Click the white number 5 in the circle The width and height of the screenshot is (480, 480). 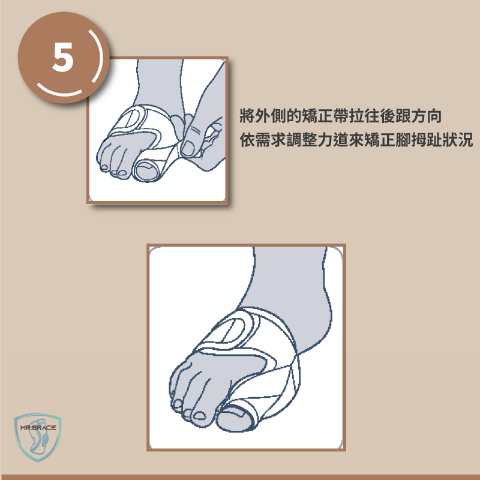click(x=63, y=57)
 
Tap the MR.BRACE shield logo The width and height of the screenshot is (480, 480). click(x=38, y=437)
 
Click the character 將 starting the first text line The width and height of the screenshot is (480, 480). click(x=247, y=116)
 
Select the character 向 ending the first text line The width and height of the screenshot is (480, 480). click(x=434, y=116)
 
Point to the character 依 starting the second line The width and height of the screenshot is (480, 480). click(x=247, y=140)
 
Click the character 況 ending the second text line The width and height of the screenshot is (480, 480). click(x=465, y=140)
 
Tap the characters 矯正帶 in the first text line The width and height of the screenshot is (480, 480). click(x=325, y=116)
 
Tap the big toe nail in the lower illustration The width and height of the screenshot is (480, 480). click(x=235, y=411)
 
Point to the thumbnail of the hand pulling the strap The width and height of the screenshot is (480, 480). click(x=188, y=148)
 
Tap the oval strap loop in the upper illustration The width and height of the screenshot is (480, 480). click(x=132, y=118)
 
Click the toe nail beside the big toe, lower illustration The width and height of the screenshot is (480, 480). click(x=200, y=416)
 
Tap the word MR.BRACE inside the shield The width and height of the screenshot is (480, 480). click(x=38, y=428)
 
